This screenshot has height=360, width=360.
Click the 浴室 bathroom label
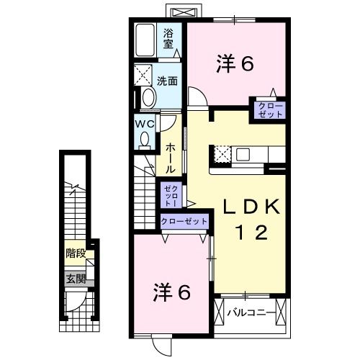(x=169, y=37)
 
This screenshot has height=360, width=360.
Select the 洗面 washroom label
(x=168, y=81)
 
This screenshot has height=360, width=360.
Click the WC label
(x=145, y=123)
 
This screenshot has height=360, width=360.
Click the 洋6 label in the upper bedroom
(x=233, y=64)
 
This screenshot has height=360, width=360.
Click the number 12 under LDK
(x=251, y=232)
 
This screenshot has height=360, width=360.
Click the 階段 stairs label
(x=75, y=253)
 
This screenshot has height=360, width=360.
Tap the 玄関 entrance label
(x=75, y=278)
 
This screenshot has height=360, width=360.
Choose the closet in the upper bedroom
(x=267, y=110)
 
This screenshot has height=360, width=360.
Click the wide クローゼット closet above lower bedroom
(x=184, y=222)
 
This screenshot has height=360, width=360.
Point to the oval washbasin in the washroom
(x=148, y=98)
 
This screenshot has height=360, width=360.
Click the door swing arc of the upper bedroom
(x=194, y=95)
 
